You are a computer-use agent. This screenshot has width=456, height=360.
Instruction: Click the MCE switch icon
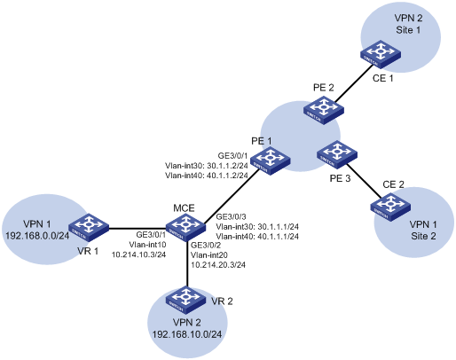click(x=185, y=229)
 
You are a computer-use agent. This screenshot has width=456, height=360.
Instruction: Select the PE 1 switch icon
click(x=271, y=162)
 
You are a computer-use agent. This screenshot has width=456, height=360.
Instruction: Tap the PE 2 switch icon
click(x=324, y=112)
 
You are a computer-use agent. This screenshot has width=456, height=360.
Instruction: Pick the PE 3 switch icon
click(x=337, y=154)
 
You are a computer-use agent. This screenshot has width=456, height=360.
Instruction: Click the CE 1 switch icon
click(x=381, y=54)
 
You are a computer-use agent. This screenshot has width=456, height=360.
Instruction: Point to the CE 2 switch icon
click(x=390, y=207)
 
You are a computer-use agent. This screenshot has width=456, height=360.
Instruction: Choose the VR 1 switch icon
click(x=89, y=228)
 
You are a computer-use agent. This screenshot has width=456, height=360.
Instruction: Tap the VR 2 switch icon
click(x=185, y=301)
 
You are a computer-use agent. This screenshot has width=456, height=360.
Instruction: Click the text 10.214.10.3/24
click(x=138, y=254)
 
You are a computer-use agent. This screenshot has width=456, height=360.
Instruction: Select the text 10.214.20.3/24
click(x=218, y=265)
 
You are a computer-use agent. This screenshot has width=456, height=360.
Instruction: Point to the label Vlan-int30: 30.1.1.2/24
click(x=207, y=166)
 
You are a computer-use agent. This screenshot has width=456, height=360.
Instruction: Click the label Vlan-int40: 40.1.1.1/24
click(x=257, y=237)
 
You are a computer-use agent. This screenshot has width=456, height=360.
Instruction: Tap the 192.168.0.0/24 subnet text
click(x=37, y=236)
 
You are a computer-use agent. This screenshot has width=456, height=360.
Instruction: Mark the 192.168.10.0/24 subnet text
click(x=187, y=334)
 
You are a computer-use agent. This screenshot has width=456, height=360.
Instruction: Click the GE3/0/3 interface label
click(x=232, y=217)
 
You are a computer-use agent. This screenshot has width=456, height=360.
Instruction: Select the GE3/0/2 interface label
click(x=206, y=245)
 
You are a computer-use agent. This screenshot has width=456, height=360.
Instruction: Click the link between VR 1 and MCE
click(x=138, y=228)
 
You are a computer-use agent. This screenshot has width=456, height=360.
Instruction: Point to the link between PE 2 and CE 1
click(x=354, y=83)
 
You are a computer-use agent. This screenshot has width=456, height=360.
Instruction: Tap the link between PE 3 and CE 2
click(x=363, y=180)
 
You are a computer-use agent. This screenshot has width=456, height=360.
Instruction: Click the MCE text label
click(x=184, y=208)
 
